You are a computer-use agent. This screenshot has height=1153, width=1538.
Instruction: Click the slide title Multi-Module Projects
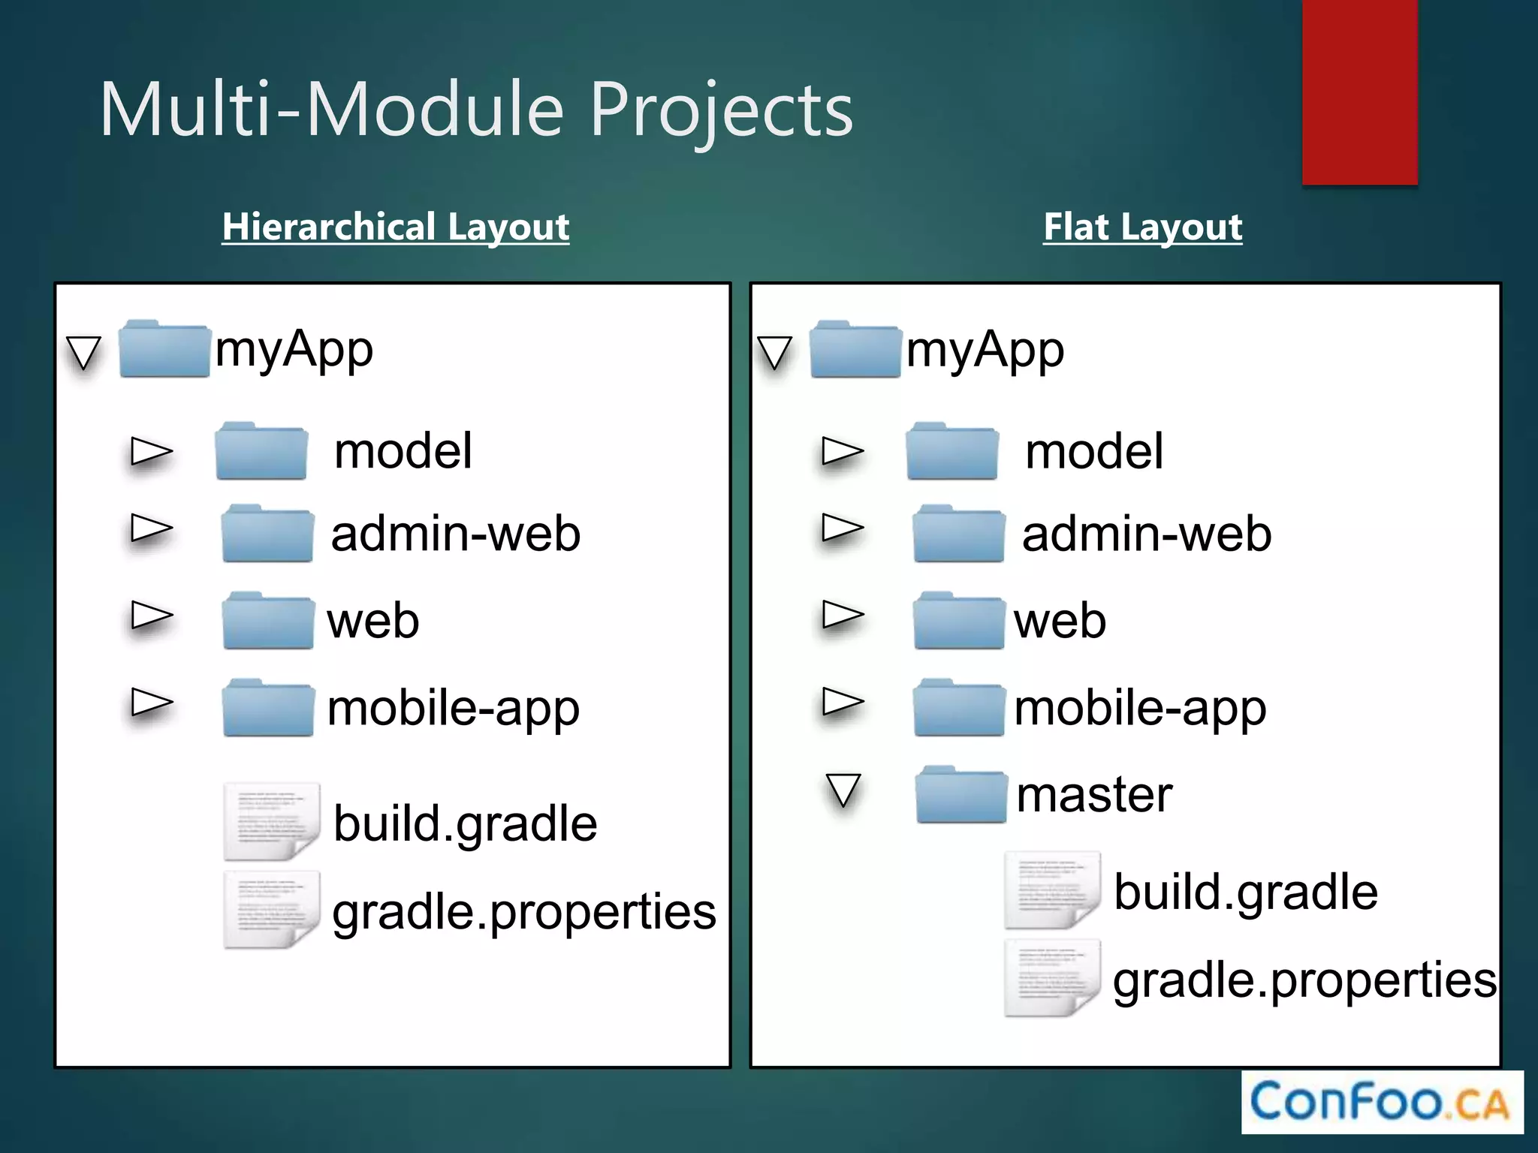click(476, 110)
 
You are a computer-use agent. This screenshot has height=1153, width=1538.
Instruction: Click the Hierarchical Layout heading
click(396, 227)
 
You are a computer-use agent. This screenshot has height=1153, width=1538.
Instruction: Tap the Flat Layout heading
click(1142, 227)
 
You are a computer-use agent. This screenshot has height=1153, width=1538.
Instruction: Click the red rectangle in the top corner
click(1359, 92)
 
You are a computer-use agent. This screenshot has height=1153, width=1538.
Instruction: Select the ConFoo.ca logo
click(1382, 1102)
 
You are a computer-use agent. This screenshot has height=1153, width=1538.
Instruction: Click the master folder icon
click(960, 795)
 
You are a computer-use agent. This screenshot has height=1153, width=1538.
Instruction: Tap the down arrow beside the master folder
click(843, 790)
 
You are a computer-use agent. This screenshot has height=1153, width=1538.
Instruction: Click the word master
click(1093, 795)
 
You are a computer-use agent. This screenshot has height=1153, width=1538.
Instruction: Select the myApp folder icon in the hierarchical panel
click(164, 349)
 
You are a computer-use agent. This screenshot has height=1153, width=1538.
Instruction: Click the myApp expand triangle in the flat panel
click(774, 353)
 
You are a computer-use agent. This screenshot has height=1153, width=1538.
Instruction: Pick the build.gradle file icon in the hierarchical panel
click(271, 822)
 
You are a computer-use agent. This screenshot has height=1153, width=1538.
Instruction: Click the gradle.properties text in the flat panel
click(1304, 980)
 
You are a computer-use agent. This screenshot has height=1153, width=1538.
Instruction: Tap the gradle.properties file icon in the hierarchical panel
click(271, 910)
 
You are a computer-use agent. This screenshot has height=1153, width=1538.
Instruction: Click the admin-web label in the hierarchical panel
click(455, 534)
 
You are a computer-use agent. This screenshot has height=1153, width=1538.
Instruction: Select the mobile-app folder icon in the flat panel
click(959, 708)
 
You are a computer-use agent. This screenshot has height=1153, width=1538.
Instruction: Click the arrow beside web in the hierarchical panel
click(151, 616)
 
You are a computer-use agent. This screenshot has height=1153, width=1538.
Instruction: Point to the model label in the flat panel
click(1093, 452)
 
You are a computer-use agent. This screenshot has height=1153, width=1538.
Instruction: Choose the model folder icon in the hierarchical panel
click(261, 451)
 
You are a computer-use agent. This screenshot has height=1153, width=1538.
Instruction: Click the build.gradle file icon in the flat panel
click(1052, 890)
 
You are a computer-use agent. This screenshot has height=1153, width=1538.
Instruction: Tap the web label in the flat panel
click(1059, 622)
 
